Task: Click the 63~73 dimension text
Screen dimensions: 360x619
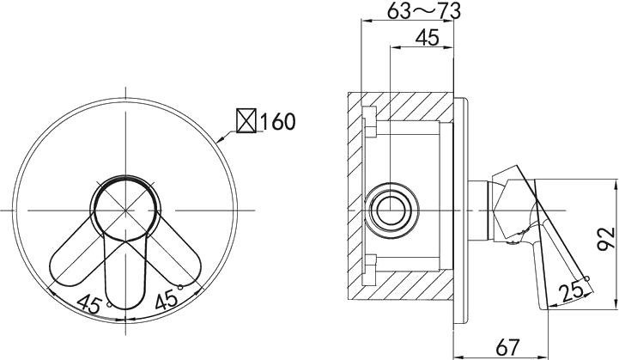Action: pos(425,11)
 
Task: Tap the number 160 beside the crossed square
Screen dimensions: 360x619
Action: pos(276,121)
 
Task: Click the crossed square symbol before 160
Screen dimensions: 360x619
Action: pos(246,121)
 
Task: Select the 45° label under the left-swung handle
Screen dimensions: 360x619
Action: pos(89,303)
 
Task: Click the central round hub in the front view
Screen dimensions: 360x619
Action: pos(126,209)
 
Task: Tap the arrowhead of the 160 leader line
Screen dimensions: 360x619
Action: pos(222,138)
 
